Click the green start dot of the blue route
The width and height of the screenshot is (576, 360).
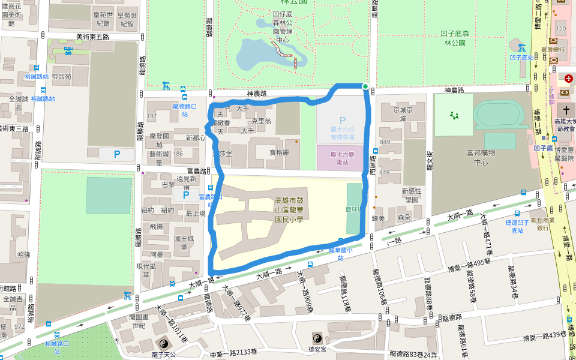[365, 86]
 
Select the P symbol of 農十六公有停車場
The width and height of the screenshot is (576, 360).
[343, 121]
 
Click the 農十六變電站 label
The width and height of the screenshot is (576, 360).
[343, 158]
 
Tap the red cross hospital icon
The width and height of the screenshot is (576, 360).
[568, 79]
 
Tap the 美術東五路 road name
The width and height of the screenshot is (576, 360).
[93, 37]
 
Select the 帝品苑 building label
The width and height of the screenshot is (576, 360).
[61, 76]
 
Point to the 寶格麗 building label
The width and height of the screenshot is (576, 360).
[278, 152]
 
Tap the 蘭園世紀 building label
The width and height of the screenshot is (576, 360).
[139, 322]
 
